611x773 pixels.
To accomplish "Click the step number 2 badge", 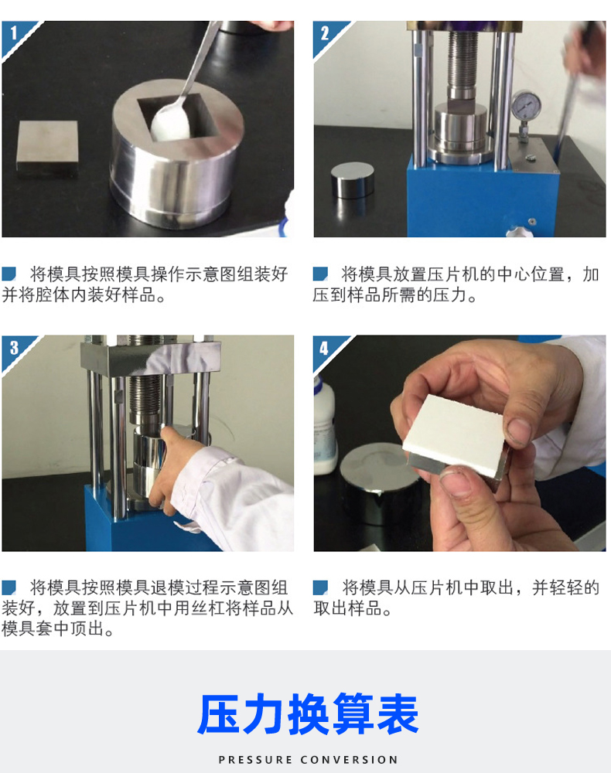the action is pyautogui.click(x=325, y=33).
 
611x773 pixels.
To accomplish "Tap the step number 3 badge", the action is pyautogui.click(x=14, y=348).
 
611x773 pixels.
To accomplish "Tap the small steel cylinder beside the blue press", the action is pyautogui.click(x=352, y=179).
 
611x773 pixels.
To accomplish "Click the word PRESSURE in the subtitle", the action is pyautogui.click(x=255, y=760).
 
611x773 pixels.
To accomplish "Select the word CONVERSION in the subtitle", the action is pyautogui.click(x=349, y=760).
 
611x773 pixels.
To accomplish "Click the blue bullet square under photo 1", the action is pyautogui.click(x=9, y=274).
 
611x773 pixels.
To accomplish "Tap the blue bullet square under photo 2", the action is pyautogui.click(x=320, y=274).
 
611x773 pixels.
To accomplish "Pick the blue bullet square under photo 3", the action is pyautogui.click(x=9, y=587).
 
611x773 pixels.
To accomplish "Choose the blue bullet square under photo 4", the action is pyautogui.click(x=320, y=587).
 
